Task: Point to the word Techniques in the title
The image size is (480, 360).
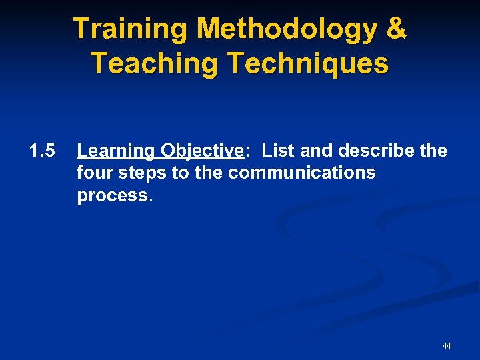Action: coord(307,63)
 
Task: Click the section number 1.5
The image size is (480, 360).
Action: coord(41,151)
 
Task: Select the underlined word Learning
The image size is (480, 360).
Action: coord(115,151)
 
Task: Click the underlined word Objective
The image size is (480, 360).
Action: coord(202,151)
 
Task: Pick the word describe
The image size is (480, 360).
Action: coord(379,151)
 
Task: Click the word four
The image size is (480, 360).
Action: coord(95,173)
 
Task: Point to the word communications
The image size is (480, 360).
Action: coord(302,173)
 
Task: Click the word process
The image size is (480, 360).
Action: coord(113,195)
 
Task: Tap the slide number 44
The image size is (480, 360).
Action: coord(446,346)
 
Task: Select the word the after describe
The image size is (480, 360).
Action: coord(433,151)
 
